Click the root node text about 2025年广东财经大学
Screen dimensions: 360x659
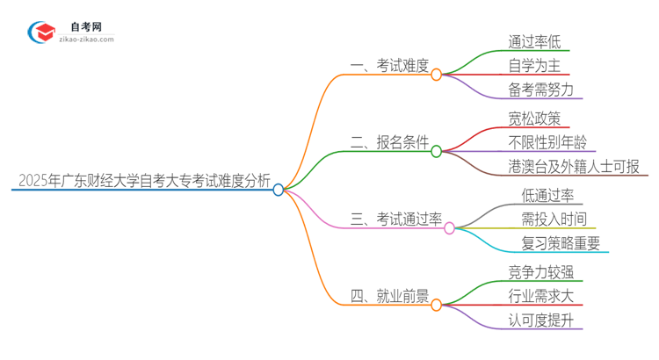[144, 181]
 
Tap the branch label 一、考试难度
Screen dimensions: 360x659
[388, 65]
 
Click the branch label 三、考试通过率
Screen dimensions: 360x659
[395, 220]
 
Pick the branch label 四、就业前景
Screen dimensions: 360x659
[388, 297]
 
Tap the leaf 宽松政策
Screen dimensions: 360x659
[533, 118]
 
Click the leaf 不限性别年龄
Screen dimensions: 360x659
[547, 142]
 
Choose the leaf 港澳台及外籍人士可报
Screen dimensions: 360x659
[574, 167]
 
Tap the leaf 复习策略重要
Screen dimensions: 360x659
[560, 243]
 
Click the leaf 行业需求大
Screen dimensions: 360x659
[540, 297]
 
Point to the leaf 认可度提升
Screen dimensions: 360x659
[540, 321]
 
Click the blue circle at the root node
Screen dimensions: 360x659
[279, 189]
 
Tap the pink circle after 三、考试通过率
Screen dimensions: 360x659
[450, 228]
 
